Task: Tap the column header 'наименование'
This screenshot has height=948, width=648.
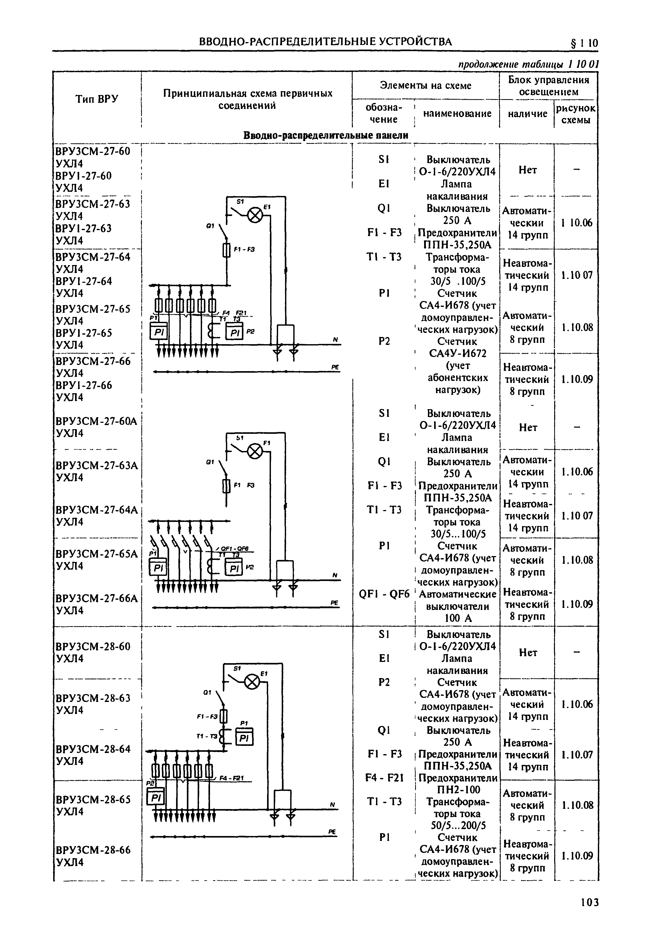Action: click(457, 114)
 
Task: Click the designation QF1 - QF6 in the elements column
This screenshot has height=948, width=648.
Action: click(384, 594)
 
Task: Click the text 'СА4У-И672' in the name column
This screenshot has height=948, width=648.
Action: click(457, 353)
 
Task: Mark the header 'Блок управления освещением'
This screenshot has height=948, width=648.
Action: click(548, 86)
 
